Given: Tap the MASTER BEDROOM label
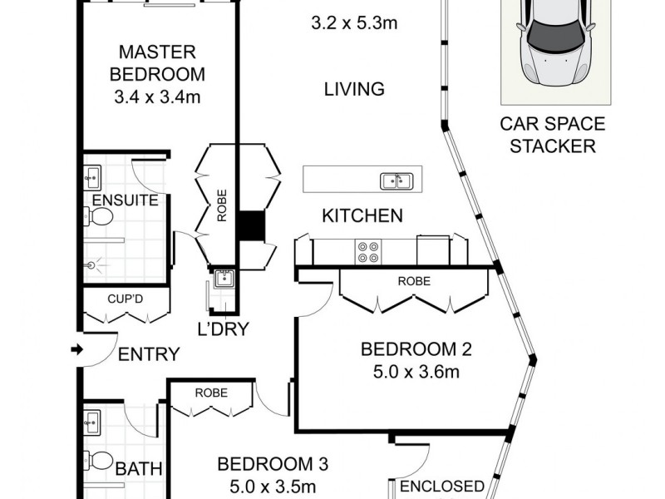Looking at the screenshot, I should tap(160, 62).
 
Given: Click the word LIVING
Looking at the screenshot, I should tap(354, 89).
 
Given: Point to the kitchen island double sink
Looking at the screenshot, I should tap(395, 180).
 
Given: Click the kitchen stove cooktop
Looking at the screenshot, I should tap(368, 251).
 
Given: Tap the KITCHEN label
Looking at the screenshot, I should tap(362, 216).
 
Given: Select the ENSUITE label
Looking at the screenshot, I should tap(126, 200).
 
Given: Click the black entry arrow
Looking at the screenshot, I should tap(76, 350).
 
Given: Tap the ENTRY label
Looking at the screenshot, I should tap(149, 355).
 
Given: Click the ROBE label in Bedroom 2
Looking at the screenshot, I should tap(414, 281).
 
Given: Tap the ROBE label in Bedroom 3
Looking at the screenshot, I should tap(211, 393).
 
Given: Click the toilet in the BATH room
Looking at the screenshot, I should tap(101, 461).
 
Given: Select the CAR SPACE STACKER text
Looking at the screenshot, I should tap(552, 136).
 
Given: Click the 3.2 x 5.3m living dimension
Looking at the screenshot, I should tap(353, 22).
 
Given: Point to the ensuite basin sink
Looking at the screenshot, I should tap(92, 176).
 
